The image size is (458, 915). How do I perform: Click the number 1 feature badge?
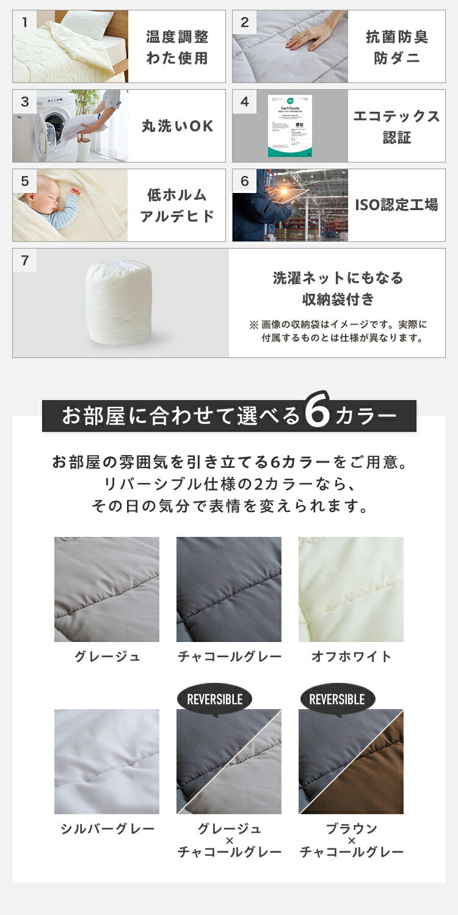24,23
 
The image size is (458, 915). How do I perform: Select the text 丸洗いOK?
177,126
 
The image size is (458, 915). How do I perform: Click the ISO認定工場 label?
396,205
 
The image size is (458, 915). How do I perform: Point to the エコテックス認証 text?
396,126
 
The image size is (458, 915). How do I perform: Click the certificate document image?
289,126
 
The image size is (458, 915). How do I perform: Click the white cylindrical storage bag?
118,302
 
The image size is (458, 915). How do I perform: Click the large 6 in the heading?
317,415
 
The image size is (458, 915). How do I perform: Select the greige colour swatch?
107,589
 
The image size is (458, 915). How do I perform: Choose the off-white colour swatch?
351,589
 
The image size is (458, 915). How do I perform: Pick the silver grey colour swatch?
107,761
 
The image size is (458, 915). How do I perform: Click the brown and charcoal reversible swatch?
351,761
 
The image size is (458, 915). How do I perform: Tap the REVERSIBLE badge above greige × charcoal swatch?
214,699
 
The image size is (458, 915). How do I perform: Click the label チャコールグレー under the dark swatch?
229,657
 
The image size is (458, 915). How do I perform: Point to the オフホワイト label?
351,657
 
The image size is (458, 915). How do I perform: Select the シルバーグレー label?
107,829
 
